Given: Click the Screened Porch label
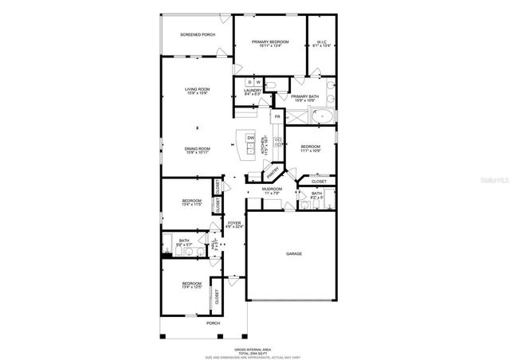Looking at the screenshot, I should (x=198, y=35).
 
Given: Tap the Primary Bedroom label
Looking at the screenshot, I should (x=269, y=43).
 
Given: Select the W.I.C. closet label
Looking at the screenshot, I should (x=322, y=43).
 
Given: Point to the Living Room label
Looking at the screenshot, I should (x=198, y=90).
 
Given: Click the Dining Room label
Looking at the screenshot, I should (x=198, y=149).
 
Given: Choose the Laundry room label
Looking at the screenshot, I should (x=253, y=92).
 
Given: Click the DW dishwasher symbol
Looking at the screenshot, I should (x=250, y=139).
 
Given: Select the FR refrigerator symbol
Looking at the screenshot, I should (x=277, y=117).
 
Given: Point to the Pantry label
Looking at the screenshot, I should (x=273, y=171).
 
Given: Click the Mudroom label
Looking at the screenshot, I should (x=272, y=190).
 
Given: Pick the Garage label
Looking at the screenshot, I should (x=295, y=253).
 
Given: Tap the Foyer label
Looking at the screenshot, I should (x=234, y=225).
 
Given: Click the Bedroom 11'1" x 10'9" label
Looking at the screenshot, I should (x=311, y=149).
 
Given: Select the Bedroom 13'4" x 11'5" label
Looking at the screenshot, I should (x=191, y=202).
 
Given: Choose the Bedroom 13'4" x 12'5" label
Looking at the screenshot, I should (x=191, y=285).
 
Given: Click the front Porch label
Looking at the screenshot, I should (x=214, y=323).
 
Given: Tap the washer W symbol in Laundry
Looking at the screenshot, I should (x=258, y=83).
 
